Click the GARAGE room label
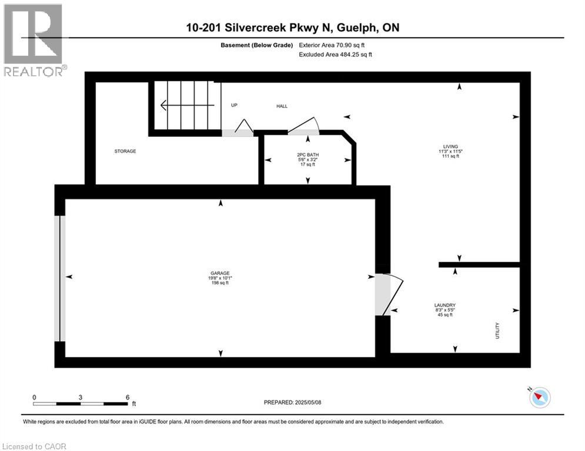click(220, 273)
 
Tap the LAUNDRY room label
click(445, 305)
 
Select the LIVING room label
click(450, 146)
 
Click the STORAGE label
click(125, 152)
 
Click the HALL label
click(282, 106)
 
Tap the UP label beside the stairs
click(233, 106)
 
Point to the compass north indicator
click(539, 398)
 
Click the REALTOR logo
click(34, 40)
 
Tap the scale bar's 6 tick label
click(127, 397)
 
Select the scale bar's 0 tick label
click(34, 397)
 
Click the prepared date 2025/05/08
click(308, 402)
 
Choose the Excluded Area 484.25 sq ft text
click(335, 55)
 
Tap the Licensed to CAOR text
click(35, 446)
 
